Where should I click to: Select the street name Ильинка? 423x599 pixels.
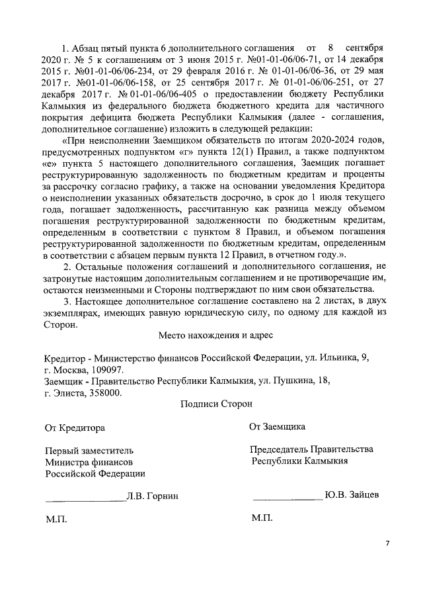coord(330,357)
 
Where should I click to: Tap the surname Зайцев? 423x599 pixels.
coord(363,494)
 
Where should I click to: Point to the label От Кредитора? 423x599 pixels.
coord(75,428)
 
